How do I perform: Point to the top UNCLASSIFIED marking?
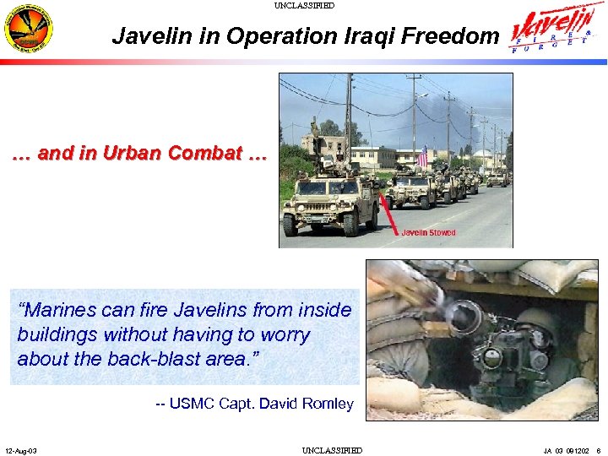[x=304, y=6]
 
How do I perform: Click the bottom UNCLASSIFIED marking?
[x=332, y=450]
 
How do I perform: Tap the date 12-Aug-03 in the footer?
[x=20, y=450]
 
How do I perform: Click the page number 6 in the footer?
[x=598, y=450]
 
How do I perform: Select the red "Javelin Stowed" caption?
[x=428, y=232]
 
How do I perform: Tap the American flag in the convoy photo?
[x=422, y=157]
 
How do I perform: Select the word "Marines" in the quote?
[x=55, y=310]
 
